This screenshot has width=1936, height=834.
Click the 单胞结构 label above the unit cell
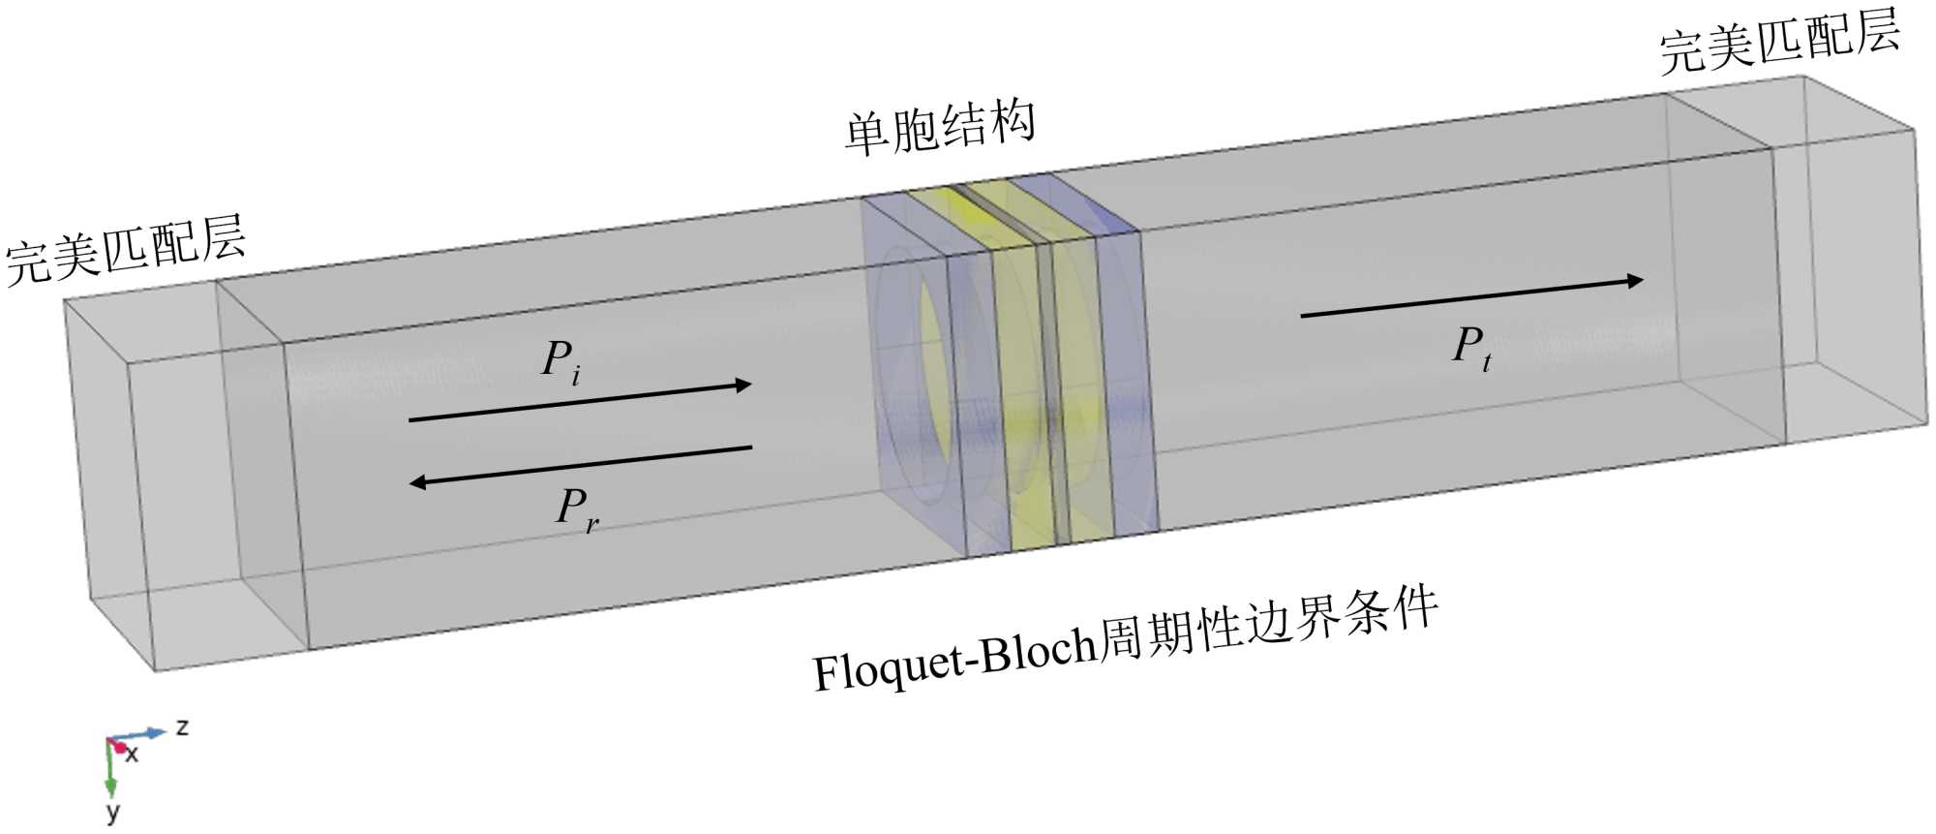(x=940, y=129)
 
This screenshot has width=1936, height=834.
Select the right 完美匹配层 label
(x=1779, y=44)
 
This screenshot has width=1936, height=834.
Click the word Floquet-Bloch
(x=954, y=661)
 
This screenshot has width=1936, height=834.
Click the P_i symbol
(x=560, y=361)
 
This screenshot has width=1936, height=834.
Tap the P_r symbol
(x=576, y=509)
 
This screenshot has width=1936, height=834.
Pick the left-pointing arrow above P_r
(x=580, y=465)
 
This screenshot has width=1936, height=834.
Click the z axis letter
(x=182, y=726)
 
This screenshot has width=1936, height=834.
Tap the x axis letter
(x=132, y=754)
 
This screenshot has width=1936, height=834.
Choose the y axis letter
(x=112, y=811)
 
